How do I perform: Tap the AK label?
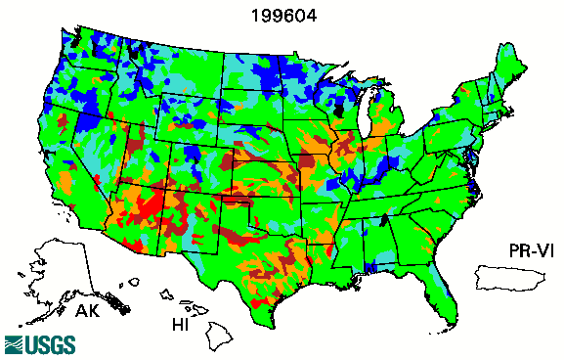pos(88,312)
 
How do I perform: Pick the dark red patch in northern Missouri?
pos(311,161)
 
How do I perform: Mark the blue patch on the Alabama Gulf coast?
pos(369,266)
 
